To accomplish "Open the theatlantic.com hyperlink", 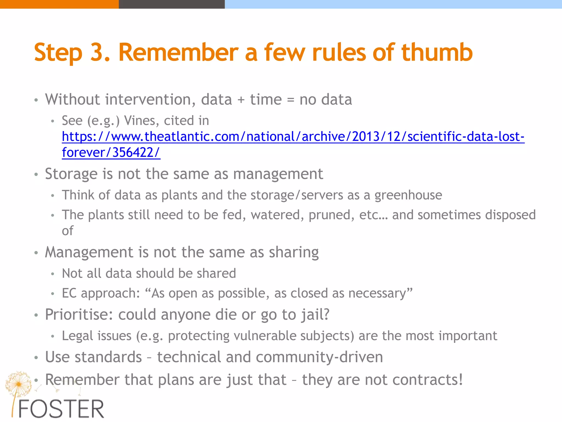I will [x=293, y=137].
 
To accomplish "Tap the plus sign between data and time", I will [x=241, y=100].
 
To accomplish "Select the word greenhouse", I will [x=408, y=195].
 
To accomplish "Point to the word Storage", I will [x=71, y=174].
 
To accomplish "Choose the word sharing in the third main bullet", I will [x=294, y=252].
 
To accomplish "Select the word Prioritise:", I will [x=79, y=315].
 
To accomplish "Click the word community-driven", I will [x=319, y=357].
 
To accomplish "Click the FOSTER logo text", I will [x=61, y=409].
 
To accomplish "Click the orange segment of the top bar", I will [x=59, y=4].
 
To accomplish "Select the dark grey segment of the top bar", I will [x=172, y=4].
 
